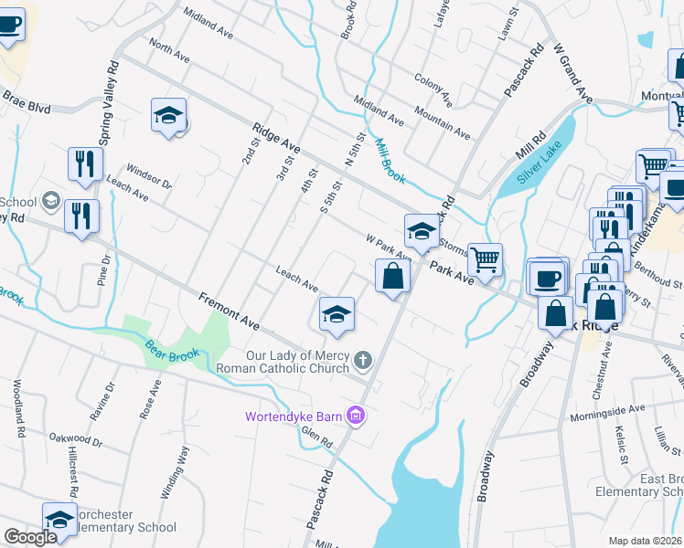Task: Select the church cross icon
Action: pyautogui.click(x=363, y=361)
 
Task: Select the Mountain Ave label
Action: pyautogui.click(x=442, y=121)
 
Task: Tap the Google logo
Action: pyautogui.click(x=30, y=537)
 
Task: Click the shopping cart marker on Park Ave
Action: pyautogui.click(x=485, y=258)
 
